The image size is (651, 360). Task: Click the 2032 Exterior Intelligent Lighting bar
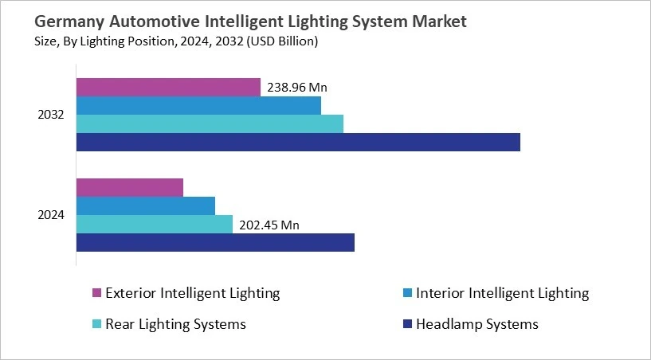point(168,87)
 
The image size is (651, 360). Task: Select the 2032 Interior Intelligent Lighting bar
point(198,105)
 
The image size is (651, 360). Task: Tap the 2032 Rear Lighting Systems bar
point(210,123)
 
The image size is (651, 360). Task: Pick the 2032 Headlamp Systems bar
point(298,142)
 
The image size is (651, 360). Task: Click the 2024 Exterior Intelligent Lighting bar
point(130,187)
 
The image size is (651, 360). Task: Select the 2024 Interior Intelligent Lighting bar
point(146,205)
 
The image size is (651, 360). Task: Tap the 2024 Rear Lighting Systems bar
point(155,224)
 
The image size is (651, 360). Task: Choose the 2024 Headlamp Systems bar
point(215,242)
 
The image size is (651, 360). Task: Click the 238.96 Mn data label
point(297,88)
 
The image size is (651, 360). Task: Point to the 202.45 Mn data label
point(269,225)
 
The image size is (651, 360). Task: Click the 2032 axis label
point(51,115)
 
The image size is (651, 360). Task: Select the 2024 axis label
point(51,215)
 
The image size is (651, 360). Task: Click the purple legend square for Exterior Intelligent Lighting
point(97,294)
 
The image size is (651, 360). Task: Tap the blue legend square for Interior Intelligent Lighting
point(408,294)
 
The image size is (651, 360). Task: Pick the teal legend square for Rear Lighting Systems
point(97,325)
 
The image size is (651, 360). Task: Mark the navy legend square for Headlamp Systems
point(408,325)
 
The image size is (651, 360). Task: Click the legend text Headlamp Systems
point(477,324)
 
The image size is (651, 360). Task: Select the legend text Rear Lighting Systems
point(175,324)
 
